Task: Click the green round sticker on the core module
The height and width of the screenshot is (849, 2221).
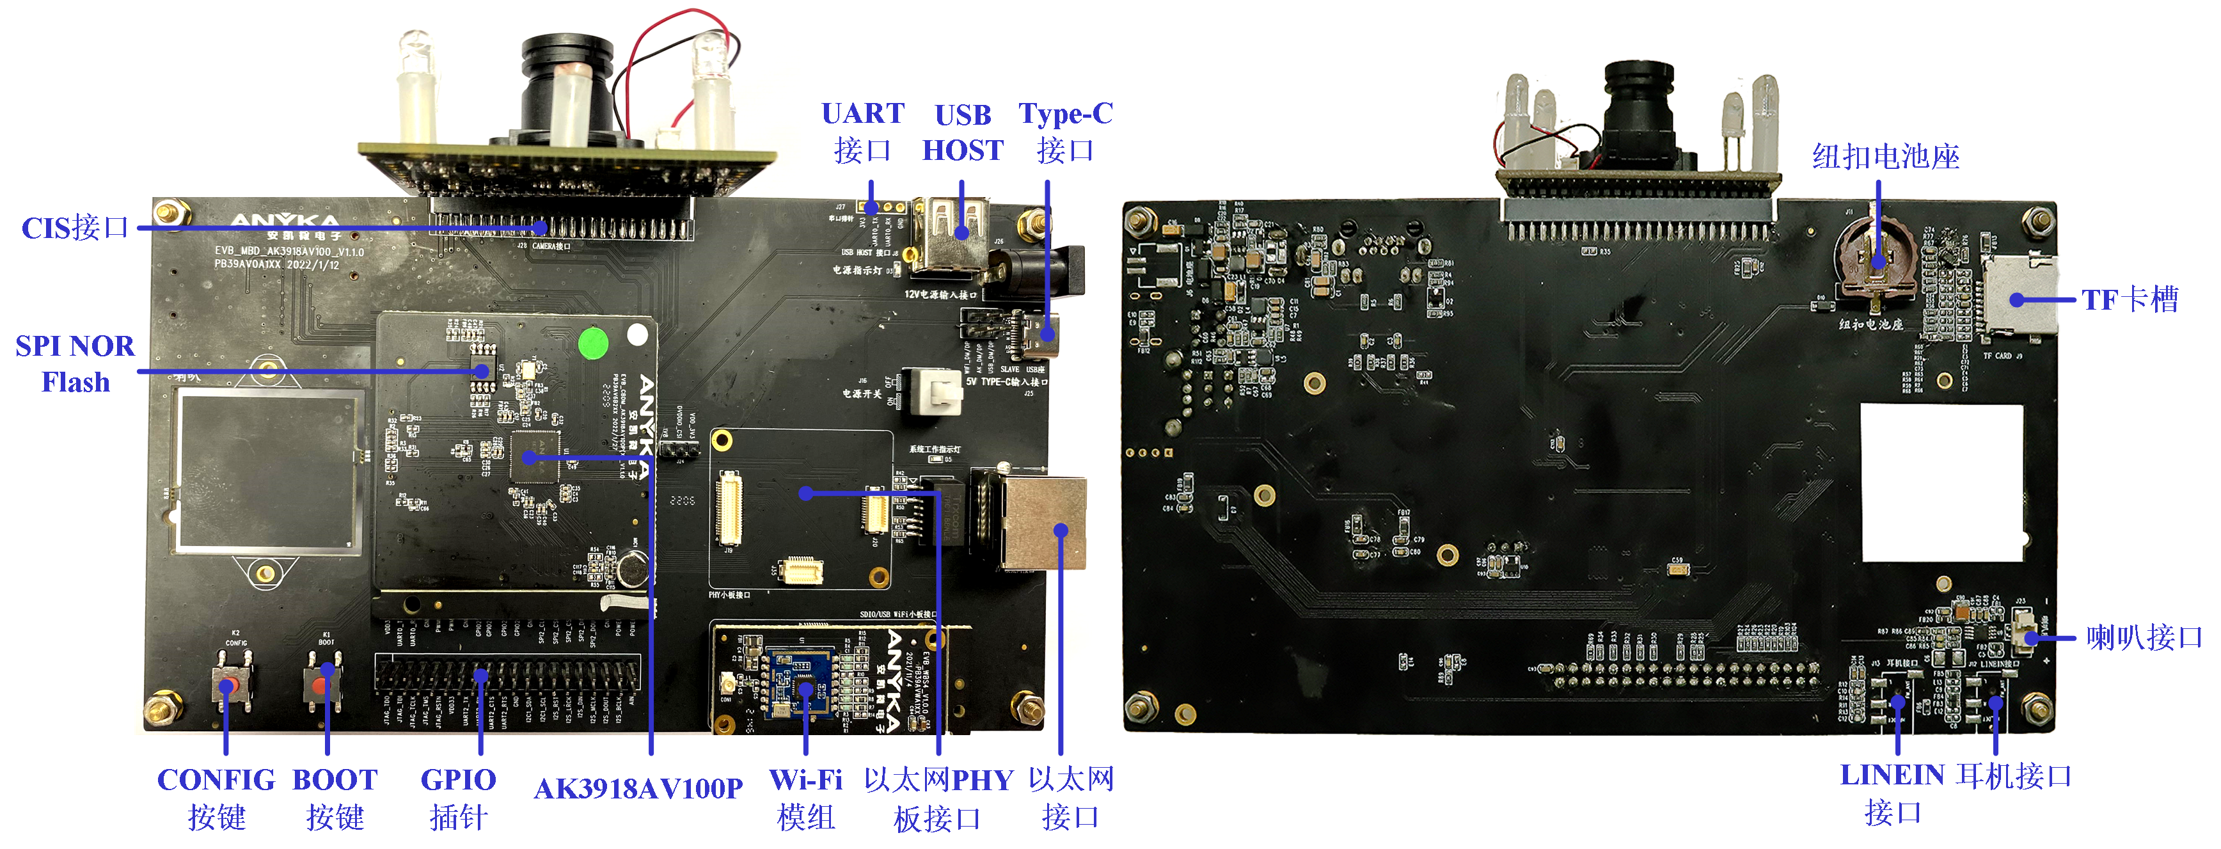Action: (x=593, y=343)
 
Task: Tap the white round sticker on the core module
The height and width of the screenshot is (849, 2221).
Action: (x=637, y=335)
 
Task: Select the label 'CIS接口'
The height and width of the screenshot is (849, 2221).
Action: (x=75, y=228)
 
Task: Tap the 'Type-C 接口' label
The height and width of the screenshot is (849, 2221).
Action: (x=1066, y=132)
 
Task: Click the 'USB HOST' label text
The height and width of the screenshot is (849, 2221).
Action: (x=963, y=132)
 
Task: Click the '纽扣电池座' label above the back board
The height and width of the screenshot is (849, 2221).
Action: (x=1886, y=157)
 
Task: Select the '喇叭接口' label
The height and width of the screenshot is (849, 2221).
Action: (x=2144, y=638)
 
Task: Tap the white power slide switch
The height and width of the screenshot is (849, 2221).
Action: (x=934, y=392)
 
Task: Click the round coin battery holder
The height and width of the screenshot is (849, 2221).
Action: (x=1877, y=258)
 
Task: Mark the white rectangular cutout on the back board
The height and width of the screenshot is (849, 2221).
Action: (x=1941, y=482)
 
